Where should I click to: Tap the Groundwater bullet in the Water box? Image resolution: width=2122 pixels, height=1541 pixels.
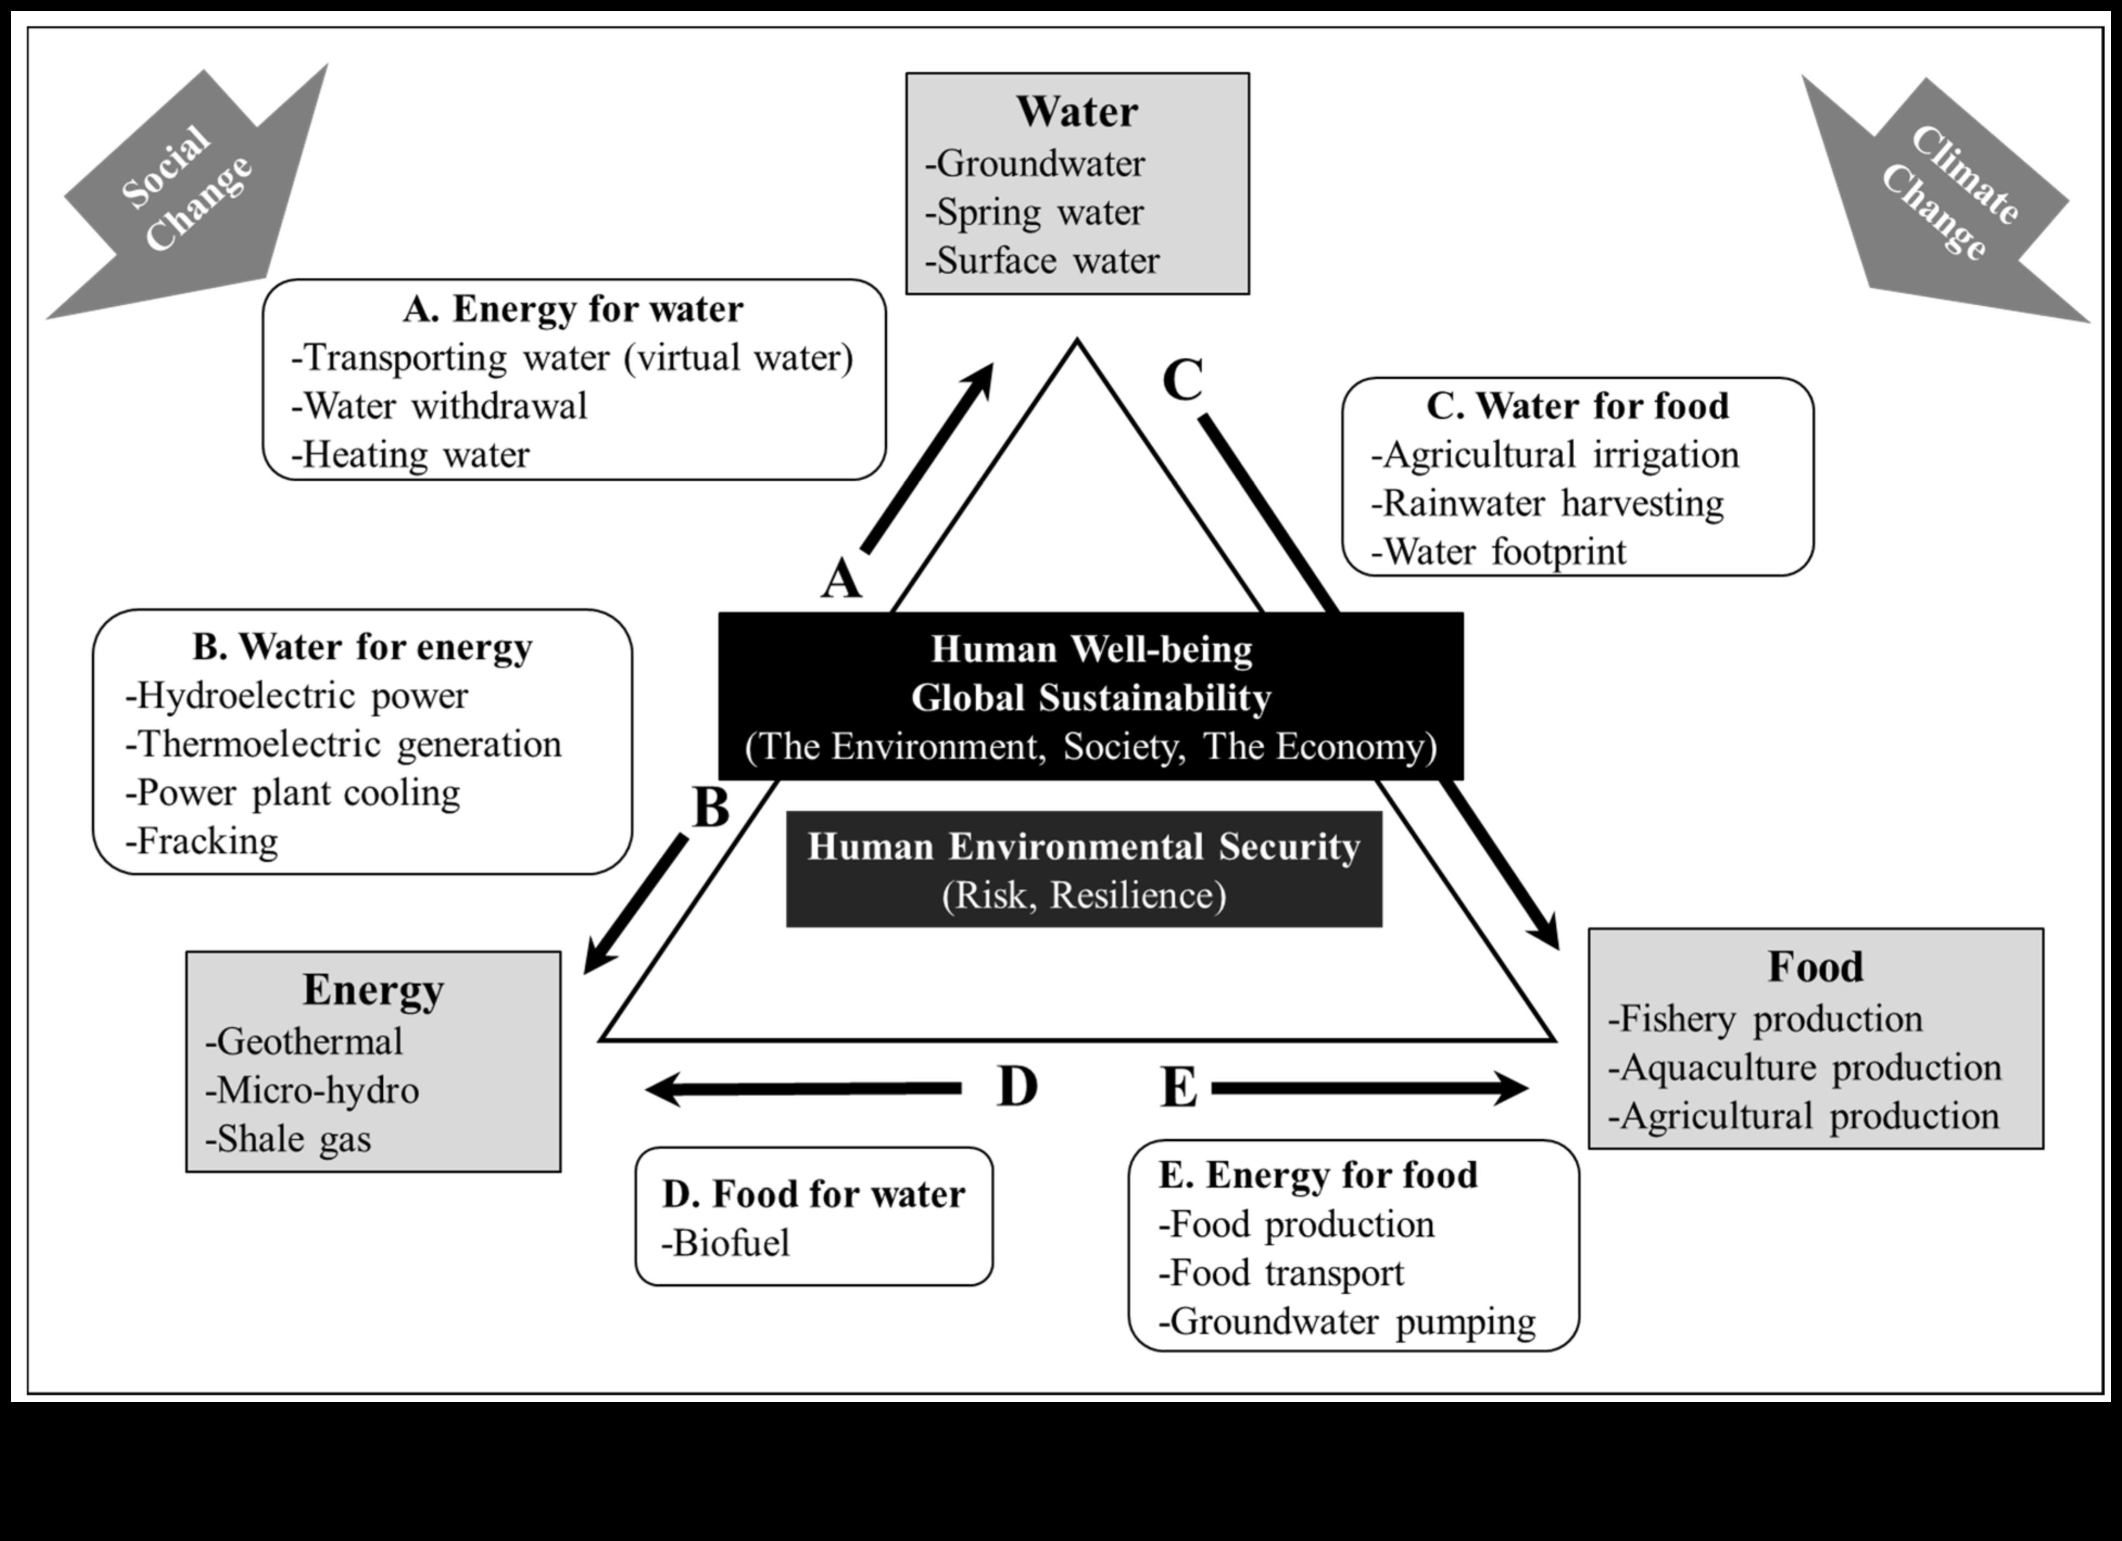1035,164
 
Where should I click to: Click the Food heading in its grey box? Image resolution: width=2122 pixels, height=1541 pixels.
1815,967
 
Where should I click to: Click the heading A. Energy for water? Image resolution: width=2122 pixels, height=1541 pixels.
573,309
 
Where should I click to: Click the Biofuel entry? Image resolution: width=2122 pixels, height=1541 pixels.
726,1242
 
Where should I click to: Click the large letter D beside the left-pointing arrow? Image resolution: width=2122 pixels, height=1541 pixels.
1017,1087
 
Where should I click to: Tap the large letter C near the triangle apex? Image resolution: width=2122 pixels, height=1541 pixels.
1183,380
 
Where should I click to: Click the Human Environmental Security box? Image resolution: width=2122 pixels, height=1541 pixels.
1083,869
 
